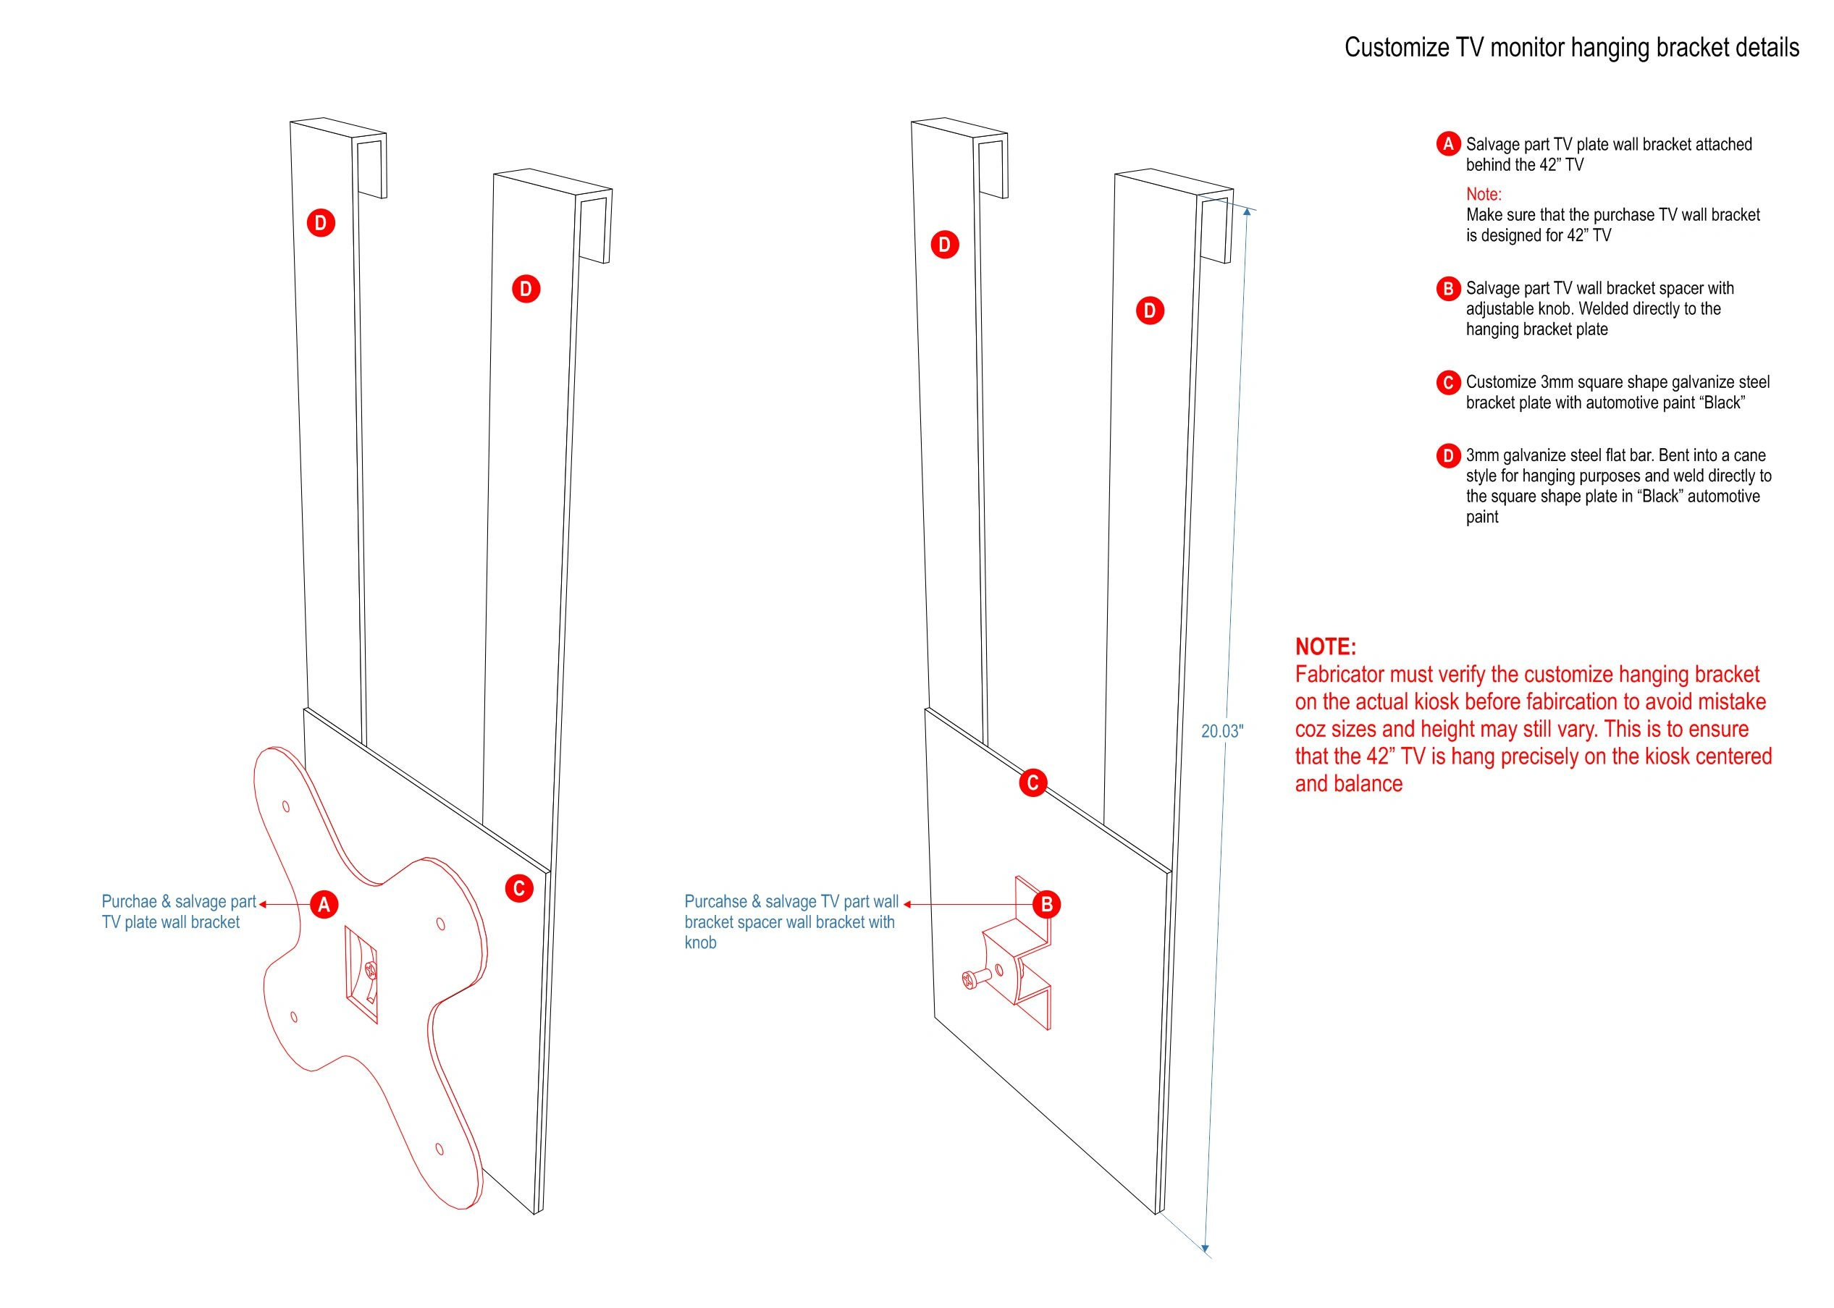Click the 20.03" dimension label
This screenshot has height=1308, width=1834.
(1221, 731)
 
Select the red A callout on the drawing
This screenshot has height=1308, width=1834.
(324, 905)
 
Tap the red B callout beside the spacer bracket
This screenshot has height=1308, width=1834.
(1046, 905)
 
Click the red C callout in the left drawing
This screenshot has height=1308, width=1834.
(518, 888)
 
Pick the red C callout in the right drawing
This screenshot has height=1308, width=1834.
(1032, 782)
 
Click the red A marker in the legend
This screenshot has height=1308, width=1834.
(1447, 144)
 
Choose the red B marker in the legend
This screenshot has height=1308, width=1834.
(1447, 288)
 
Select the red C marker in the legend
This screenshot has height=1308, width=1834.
(1447, 383)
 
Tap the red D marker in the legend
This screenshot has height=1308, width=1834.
(1447, 456)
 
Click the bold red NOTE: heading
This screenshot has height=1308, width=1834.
(1325, 646)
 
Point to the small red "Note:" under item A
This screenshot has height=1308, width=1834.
(1484, 194)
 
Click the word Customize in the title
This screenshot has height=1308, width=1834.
(1397, 48)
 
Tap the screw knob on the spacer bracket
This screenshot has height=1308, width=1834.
(969, 979)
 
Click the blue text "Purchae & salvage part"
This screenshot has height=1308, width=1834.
(178, 902)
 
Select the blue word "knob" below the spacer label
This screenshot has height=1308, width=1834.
(700, 943)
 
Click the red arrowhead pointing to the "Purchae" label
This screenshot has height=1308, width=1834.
(264, 905)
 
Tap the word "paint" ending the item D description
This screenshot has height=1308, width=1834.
(1482, 517)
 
